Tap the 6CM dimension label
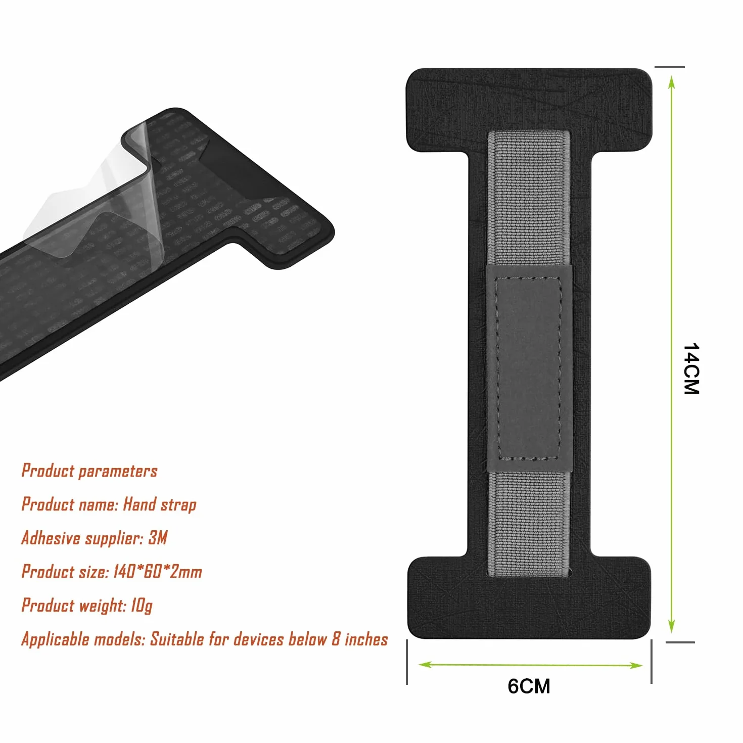[x=529, y=686]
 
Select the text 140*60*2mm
[x=157, y=572]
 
